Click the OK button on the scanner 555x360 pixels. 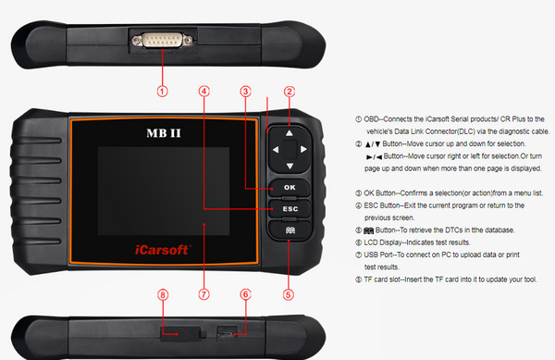290,188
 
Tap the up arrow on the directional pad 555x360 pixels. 290,132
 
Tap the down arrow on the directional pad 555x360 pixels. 290,167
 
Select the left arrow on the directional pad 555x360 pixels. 270,150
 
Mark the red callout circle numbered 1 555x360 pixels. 162,91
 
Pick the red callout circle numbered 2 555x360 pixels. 290,91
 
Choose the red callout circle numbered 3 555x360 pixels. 245,91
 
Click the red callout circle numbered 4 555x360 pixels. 203,91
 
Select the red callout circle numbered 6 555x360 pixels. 245,295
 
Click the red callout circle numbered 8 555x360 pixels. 162,295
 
